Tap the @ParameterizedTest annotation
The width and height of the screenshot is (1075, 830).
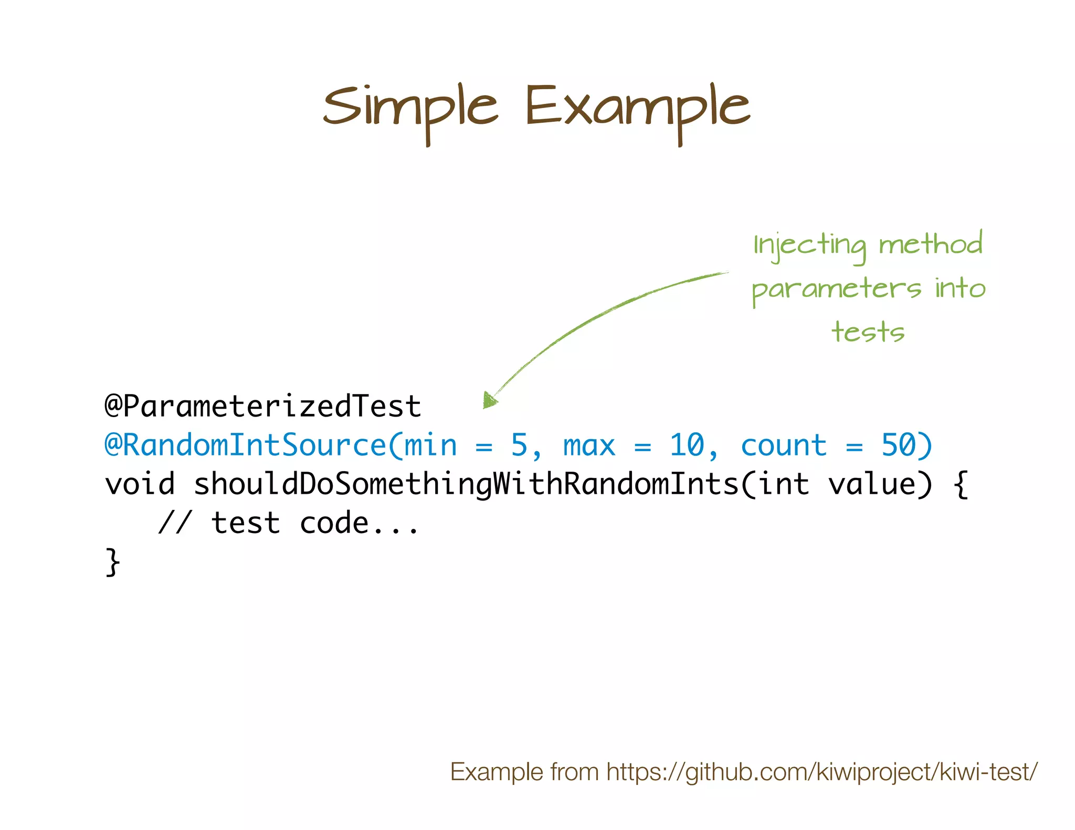tap(262, 407)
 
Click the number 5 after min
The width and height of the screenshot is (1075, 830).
tap(519, 445)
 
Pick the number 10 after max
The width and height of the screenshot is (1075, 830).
tap(687, 445)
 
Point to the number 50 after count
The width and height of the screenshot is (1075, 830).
tap(898, 445)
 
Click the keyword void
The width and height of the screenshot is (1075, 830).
tap(140, 484)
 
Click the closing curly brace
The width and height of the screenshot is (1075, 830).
tap(113, 562)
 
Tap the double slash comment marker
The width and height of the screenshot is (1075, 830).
tap(175, 523)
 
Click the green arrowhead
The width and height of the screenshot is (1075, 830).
tap(490, 400)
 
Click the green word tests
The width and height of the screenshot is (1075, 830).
tap(868, 332)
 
